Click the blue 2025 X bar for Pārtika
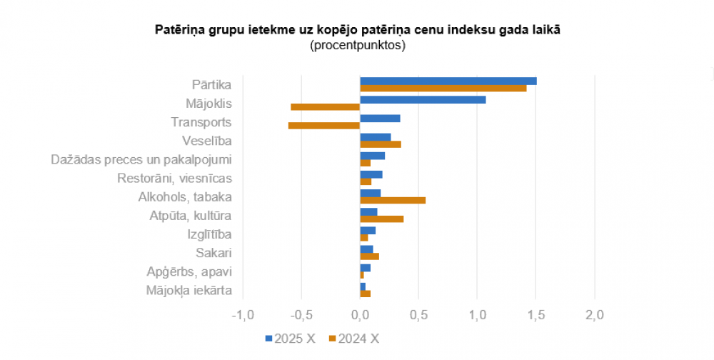tap(448, 81)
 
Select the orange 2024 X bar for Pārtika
tap(443, 89)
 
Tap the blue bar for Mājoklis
tap(423, 99)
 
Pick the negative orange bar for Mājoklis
tap(326, 107)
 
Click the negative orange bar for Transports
tap(324, 126)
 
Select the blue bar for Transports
tap(380, 118)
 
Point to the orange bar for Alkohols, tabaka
tap(393, 200)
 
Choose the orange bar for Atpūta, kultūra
tap(382, 219)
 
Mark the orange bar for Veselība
tap(381, 144)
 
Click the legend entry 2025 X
tap(290, 339)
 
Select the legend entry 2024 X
tap(354, 339)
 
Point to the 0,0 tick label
tap(361, 315)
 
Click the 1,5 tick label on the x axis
tap(536, 315)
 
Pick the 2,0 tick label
tap(595, 315)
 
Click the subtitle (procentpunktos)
tap(358, 45)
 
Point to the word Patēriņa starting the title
tap(179, 30)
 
